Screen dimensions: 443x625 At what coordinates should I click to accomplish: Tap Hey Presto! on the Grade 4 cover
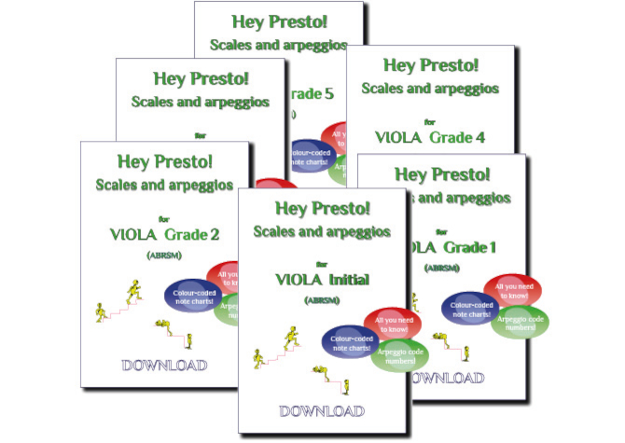coord(427,66)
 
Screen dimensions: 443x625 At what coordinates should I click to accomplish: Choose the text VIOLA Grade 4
coord(428,137)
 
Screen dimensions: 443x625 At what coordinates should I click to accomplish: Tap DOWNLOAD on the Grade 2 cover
coord(163,365)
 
